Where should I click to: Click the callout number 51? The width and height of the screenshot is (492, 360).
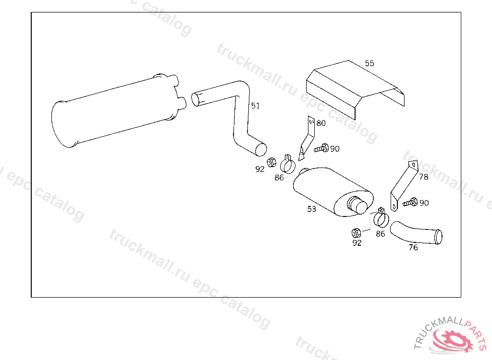click(x=256, y=106)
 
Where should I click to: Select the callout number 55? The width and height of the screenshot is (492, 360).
click(x=369, y=63)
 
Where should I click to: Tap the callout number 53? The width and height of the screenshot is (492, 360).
click(x=311, y=209)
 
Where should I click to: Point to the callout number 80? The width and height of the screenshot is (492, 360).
click(x=321, y=123)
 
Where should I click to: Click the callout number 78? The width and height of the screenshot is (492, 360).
click(x=424, y=177)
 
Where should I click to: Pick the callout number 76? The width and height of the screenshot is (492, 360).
click(x=413, y=247)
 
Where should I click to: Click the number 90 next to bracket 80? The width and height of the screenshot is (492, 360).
click(x=335, y=149)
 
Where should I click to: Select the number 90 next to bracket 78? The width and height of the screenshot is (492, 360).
click(x=424, y=203)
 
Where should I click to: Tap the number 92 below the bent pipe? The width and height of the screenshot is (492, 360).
click(x=260, y=169)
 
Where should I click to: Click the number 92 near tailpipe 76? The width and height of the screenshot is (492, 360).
click(x=357, y=243)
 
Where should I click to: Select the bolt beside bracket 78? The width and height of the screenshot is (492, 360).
click(x=410, y=202)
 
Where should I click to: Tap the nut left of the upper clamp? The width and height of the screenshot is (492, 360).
click(x=271, y=162)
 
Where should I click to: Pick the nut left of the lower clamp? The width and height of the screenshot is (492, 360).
click(x=356, y=233)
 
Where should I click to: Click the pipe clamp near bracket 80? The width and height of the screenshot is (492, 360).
click(x=287, y=164)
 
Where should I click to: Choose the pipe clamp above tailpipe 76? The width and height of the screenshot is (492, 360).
click(x=381, y=218)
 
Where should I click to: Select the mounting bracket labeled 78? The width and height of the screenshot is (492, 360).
click(x=396, y=199)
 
